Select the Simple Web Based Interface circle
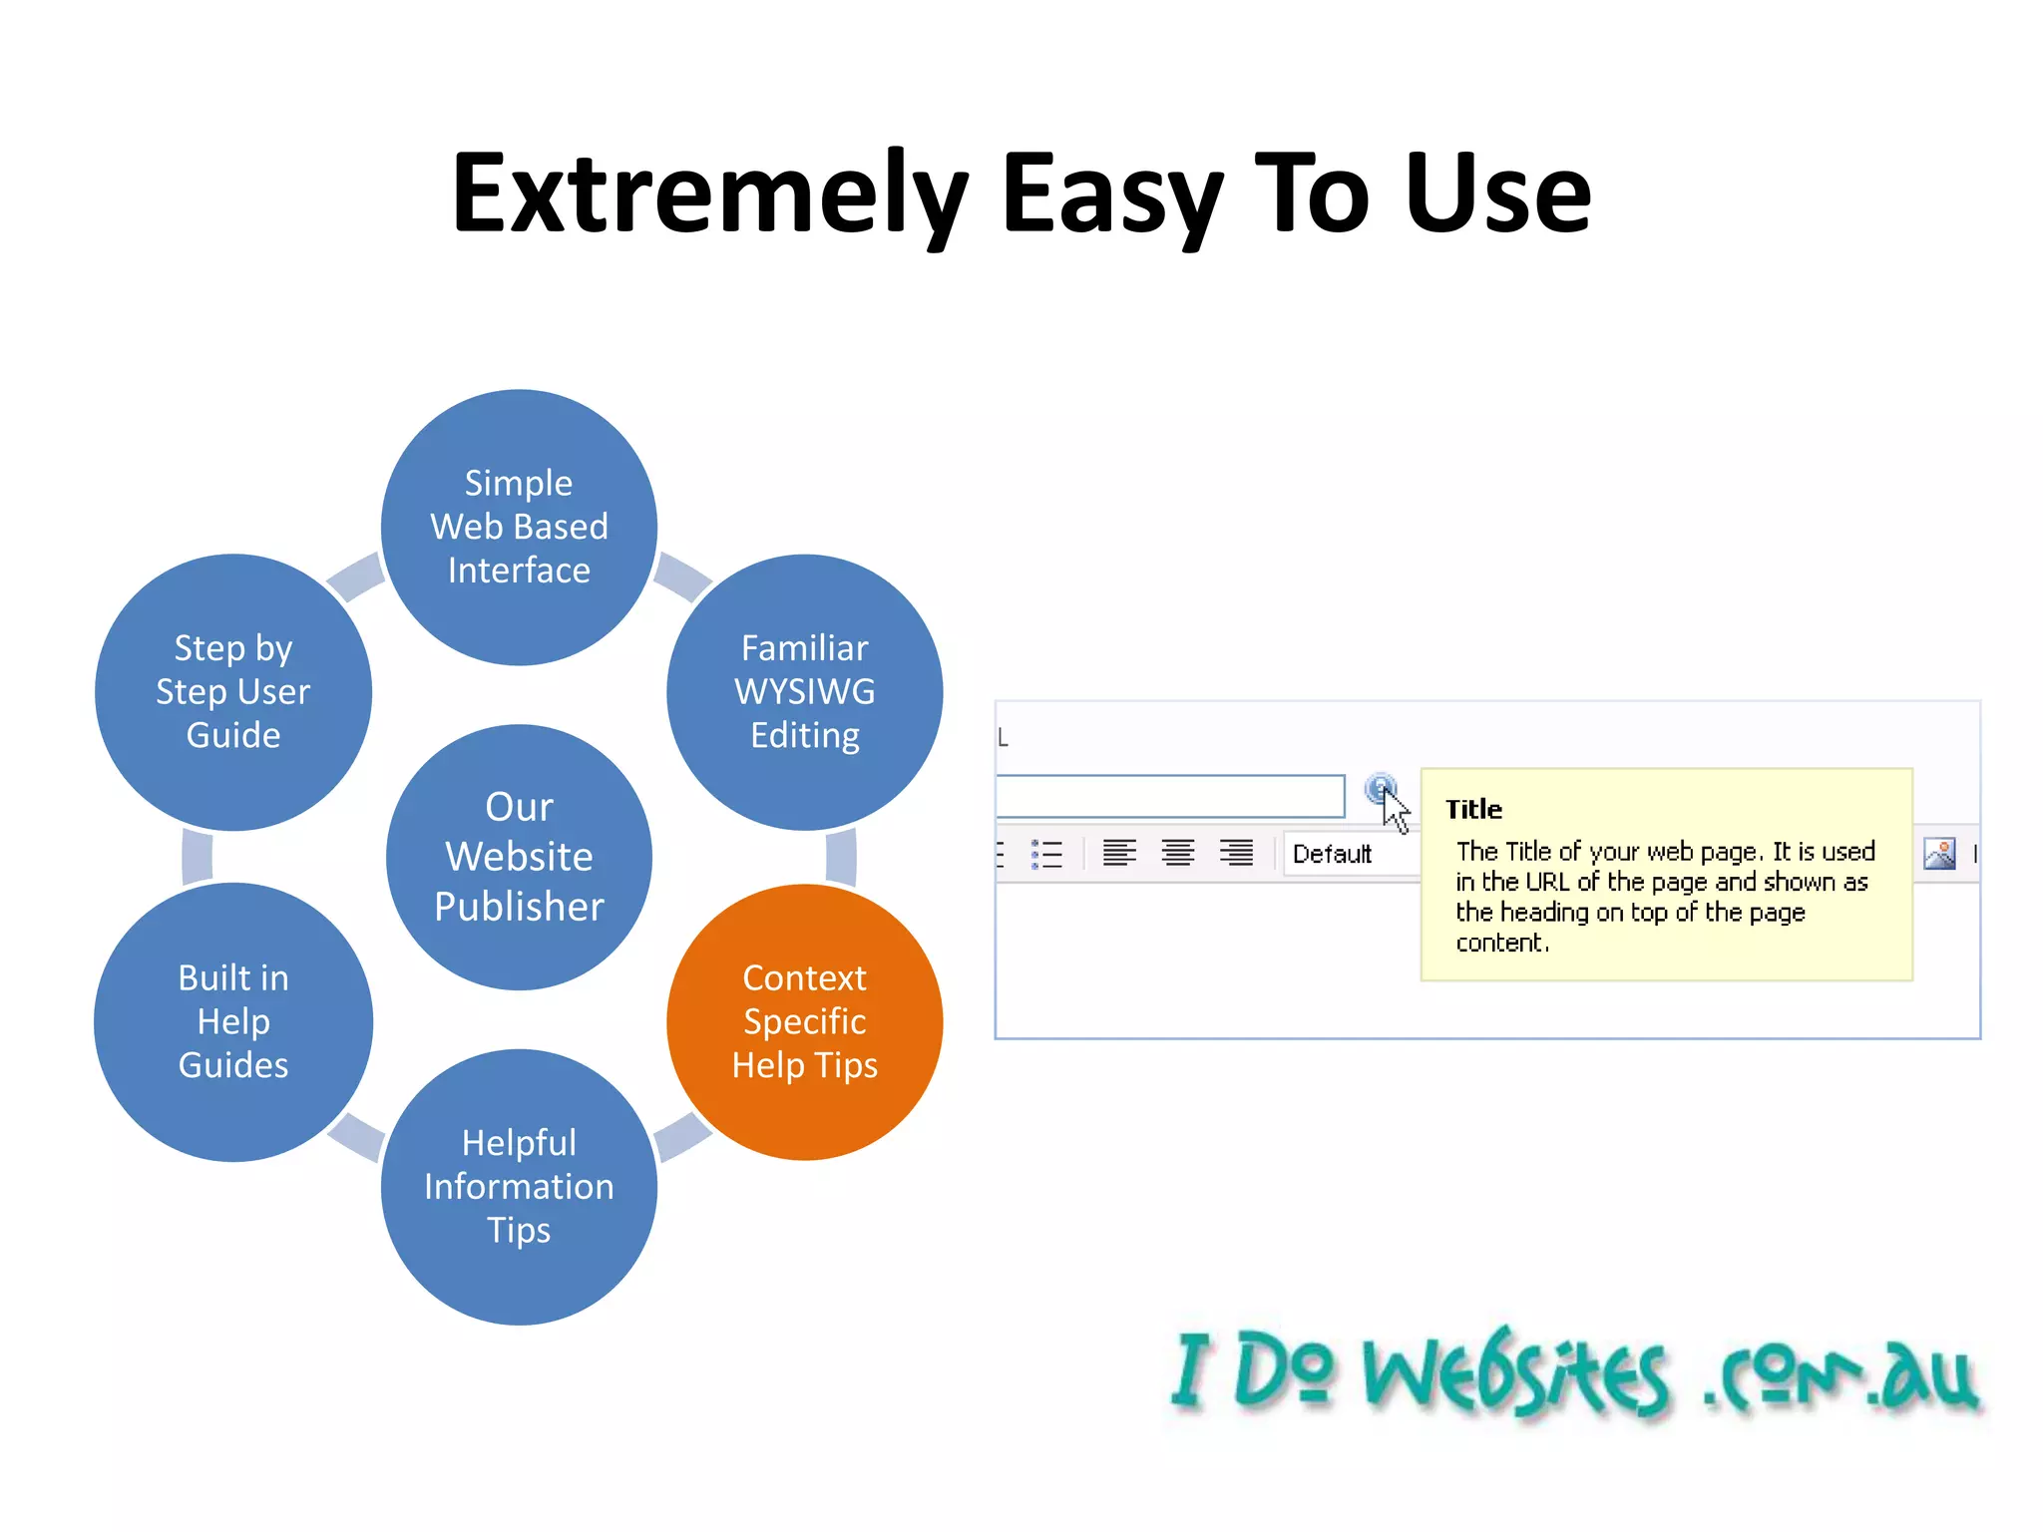519,527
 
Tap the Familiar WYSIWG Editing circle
804,691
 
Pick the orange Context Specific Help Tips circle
804,1021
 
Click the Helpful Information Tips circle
519,1186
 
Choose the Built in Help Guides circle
233,1021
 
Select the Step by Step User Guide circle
233,691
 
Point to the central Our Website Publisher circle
519,857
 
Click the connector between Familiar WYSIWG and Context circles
841,857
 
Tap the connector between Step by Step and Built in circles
198,857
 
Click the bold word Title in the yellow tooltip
1473,809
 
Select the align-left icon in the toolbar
1119,854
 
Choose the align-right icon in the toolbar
1237,854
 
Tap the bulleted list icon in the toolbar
1046,854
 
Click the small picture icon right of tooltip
1939,854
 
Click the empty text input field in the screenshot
1169,796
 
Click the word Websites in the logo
1516,1376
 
